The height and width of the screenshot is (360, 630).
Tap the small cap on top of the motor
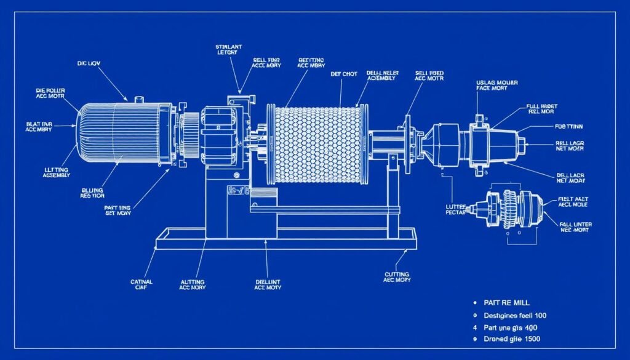(138, 98)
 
